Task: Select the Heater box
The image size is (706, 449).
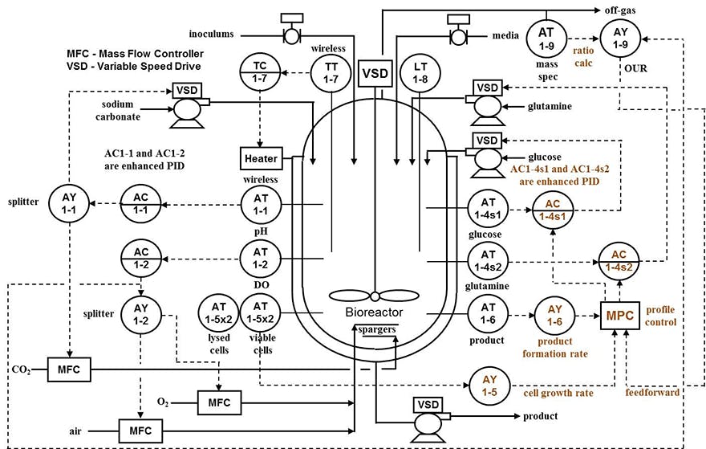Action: coord(258,158)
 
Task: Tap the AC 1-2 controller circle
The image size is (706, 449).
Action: coord(140,259)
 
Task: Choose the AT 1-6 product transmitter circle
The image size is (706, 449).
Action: coord(487,312)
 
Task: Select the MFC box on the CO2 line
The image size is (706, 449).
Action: coord(69,371)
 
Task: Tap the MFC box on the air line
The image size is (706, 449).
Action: coord(141,430)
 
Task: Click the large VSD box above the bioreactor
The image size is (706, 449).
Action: coord(375,73)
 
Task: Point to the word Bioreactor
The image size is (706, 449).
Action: coord(375,311)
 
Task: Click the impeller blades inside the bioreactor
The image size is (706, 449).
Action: coord(375,294)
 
